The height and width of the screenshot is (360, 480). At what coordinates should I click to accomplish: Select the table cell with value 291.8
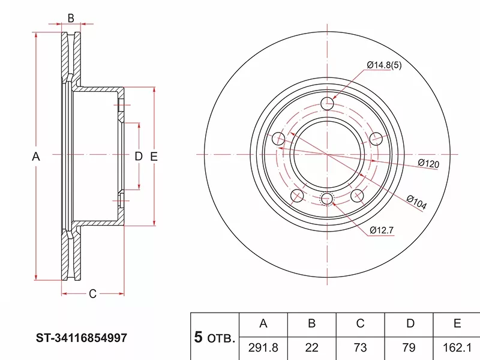point(263,347)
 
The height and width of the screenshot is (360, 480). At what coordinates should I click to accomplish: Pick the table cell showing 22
point(311,347)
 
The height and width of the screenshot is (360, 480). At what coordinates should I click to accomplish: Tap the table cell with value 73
point(360,347)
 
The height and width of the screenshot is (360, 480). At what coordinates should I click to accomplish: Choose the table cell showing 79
point(410,347)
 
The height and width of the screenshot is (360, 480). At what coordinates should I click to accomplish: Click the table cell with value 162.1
point(457,347)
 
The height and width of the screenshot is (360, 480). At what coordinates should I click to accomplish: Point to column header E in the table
point(457,324)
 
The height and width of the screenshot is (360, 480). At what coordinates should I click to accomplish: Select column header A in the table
point(263,324)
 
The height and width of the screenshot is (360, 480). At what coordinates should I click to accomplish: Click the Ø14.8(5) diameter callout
point(384,65)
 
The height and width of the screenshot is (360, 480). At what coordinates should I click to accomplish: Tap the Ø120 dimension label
point(429,163)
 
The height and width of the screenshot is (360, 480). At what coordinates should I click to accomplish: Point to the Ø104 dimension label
point(416,203)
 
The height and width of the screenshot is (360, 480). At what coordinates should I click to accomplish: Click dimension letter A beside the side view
point(36,157)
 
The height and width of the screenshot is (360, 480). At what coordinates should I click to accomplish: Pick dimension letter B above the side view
point(70,18)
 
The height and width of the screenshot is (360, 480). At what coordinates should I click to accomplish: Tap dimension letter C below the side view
point(92,293)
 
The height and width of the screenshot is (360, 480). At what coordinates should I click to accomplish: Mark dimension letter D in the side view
point(138,157)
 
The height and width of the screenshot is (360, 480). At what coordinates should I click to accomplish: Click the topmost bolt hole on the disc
point(327,104)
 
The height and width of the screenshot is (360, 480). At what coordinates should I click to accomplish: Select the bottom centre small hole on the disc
point(327,199)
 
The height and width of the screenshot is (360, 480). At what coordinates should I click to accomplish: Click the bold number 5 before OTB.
point(198,337)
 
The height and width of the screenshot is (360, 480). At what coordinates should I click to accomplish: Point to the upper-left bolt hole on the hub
point(279,139)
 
